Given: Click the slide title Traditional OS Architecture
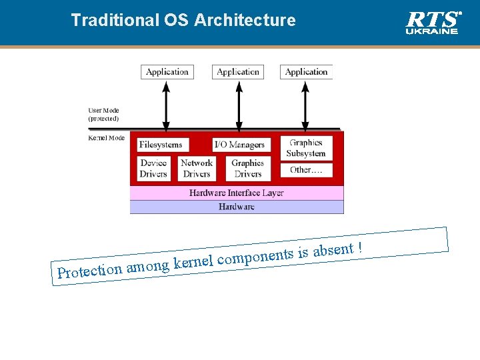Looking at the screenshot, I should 183,20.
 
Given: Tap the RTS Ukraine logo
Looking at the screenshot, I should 433,21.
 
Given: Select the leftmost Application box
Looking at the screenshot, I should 167,72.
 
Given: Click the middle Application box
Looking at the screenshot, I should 238,72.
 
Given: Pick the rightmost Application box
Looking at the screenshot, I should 306,72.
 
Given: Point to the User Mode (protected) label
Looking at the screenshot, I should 103,115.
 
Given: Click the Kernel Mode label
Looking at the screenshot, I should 106,138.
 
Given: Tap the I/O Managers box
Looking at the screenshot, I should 239,145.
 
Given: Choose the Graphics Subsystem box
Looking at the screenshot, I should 306,148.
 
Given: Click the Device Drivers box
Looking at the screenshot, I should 153,168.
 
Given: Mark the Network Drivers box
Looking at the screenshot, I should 197,168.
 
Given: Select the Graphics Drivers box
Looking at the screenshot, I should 247,168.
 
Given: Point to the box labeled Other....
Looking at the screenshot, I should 306,171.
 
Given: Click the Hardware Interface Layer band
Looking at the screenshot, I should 237,193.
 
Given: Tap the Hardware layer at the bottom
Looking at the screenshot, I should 237,207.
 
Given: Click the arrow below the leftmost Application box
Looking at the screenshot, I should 167,104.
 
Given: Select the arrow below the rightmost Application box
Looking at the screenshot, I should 306,104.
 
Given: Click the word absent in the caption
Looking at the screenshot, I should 333,251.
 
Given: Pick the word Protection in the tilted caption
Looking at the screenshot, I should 89,271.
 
